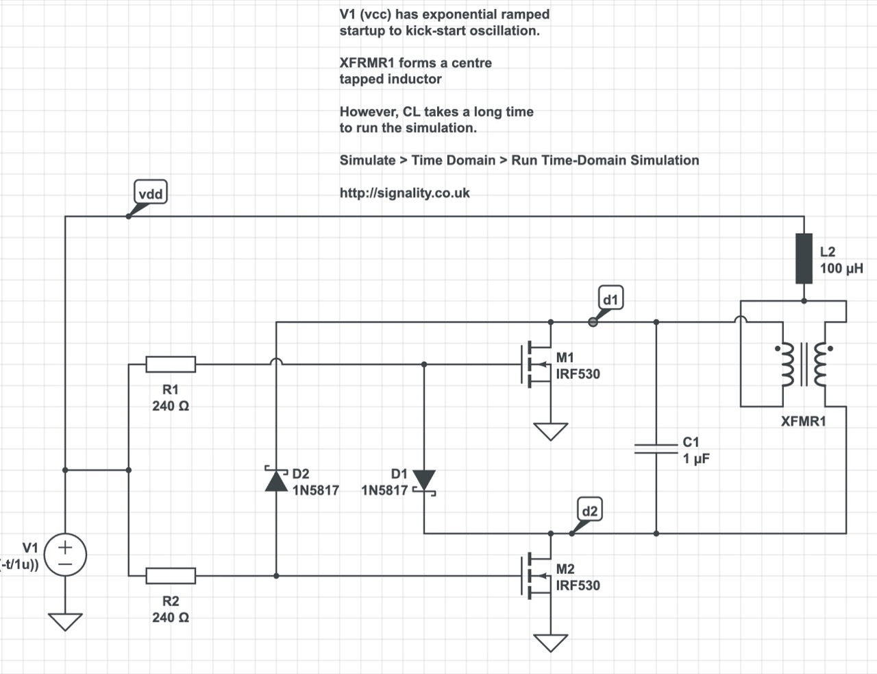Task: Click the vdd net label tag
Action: click(x=151, y=192)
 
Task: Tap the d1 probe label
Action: click(x=610, y=298)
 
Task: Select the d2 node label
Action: click(x=590, y=509)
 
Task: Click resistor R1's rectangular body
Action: click(x=171, y=364)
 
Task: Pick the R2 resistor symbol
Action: click(x=171, y=576)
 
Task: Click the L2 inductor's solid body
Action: click(x=804, y=258)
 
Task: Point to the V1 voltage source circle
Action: click(x=65, y=555)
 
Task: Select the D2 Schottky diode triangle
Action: click(x=276, y=480)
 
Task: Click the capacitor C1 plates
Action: click(x=656, y=448)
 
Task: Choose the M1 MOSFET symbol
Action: click(x=536, y=364)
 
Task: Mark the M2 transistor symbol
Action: click(x=536, y=576)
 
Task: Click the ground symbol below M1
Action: click(x=550, y=431)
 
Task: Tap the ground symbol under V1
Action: click(x=65, y=622)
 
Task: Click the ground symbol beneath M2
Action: click(x=550, y=643)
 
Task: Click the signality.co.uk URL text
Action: click(x=405, y=193)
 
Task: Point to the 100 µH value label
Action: click(x=841, y=268)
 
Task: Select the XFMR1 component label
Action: click(x=804, y=421)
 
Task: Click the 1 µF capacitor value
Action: click(x=696, y=459)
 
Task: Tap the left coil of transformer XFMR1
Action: click(x=788, y=365)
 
